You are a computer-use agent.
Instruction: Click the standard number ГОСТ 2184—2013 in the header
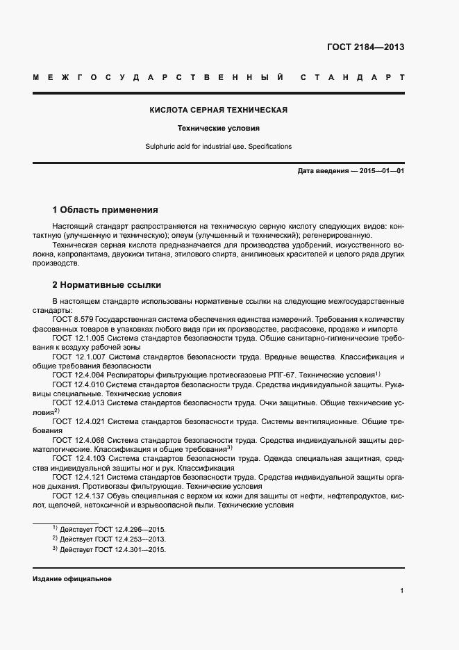[365, 47]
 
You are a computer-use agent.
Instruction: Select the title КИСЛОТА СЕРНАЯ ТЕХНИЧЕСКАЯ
[219, 110]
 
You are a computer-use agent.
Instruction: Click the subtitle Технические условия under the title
[218, 129]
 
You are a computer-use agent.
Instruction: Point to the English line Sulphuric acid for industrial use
[218, 147]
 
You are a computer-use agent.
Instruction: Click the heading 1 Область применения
[106, 209]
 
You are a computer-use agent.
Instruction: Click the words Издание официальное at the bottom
[72, 579]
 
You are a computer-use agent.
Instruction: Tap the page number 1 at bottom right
[402, 590]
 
